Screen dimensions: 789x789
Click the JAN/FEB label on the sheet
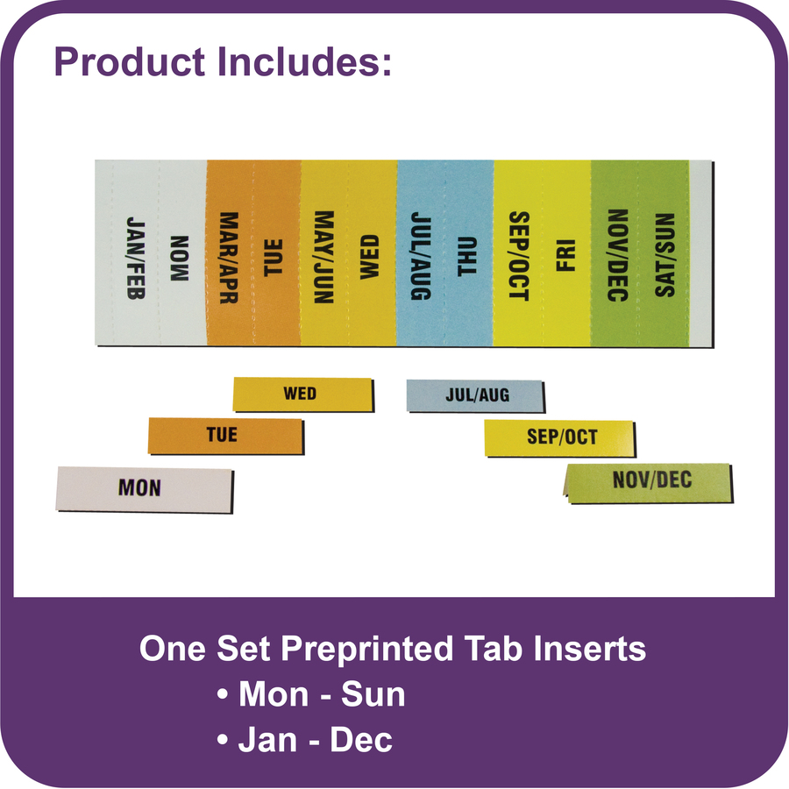136,258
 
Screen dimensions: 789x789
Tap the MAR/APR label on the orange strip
229,257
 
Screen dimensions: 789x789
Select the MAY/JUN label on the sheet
323,257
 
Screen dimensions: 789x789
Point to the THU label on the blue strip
466,256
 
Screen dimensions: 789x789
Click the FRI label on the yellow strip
565,256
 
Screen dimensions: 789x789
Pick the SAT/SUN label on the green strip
665,254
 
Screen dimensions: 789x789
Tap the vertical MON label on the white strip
180,258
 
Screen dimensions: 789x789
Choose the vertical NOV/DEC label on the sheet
617,255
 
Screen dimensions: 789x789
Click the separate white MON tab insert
145,489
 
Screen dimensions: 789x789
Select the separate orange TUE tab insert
226,436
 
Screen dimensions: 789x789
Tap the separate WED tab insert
303,394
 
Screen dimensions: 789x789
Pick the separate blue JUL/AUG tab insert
475,396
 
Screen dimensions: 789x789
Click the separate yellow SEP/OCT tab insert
560,438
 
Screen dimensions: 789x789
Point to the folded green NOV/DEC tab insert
649,482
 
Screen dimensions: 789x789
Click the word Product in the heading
130,62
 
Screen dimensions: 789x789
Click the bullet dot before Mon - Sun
223,694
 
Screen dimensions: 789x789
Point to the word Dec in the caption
361,740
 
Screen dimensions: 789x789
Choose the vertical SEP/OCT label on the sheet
519,256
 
